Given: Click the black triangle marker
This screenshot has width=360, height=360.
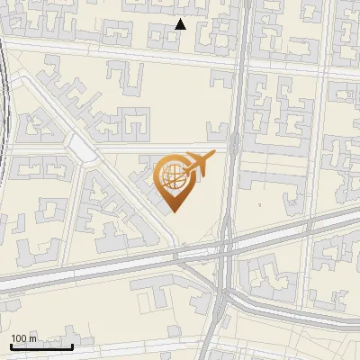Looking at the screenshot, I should (x=180, y=24).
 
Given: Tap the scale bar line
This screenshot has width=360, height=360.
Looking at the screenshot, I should (x=41, y=346).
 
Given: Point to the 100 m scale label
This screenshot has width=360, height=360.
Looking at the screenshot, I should (x=23, y=338).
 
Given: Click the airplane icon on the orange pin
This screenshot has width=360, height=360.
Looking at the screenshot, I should (x=200, y=163).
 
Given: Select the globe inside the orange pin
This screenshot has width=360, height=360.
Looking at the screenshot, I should (x=172, y=175).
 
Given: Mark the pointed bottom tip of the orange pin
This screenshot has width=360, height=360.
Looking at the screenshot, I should (x=173, y=211).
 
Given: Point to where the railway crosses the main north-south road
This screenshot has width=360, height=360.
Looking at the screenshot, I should (x=225, y=246).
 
